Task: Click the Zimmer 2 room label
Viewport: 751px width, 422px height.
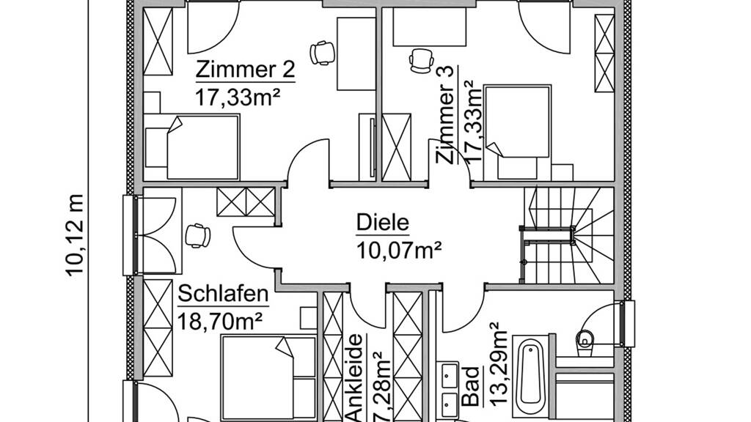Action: click(245, 70)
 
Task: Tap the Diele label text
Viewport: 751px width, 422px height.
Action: click(383, 223)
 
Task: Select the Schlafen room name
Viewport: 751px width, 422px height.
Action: click(223, 294)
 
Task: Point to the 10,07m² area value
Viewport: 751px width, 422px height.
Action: click(398, 250)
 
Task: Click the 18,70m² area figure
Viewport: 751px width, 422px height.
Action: click(220, 321)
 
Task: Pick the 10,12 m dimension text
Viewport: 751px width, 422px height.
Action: click(76, 235)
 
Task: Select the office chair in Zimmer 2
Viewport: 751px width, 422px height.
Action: click(322, 52)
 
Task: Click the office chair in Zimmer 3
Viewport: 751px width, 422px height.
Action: click(421, 62)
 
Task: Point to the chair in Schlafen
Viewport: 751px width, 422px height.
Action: click(197, 235)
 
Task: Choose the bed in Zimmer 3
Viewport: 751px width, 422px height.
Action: click(517, 133)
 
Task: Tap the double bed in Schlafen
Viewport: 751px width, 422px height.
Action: click(268, 378)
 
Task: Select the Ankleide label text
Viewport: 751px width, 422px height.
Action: click(354, 379)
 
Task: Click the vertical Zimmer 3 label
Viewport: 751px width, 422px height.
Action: click(445, 115)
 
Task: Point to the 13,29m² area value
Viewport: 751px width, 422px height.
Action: click(497, 364)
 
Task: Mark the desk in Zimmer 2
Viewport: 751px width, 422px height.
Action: click(356, 54)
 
